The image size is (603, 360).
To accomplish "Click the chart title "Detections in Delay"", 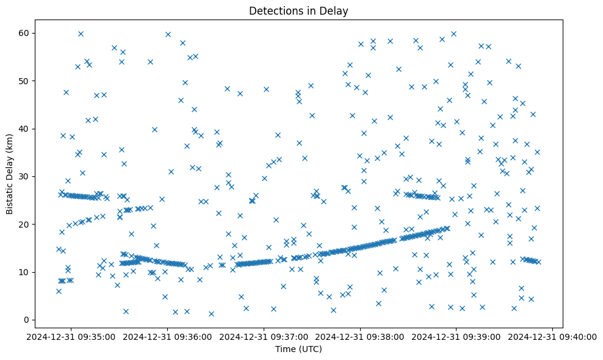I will (x=298, y=10).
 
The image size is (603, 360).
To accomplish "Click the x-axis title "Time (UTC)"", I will (x=298, y=349).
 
